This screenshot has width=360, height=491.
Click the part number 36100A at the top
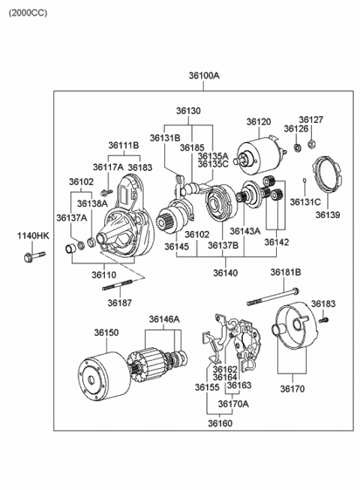point(204,76)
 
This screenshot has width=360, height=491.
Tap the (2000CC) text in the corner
point(28,13)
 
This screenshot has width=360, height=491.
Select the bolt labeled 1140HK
point(34,256)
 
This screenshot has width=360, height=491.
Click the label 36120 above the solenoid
point(259,121)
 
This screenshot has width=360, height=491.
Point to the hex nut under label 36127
point(311,144)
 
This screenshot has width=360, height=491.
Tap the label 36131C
point(305,202)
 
